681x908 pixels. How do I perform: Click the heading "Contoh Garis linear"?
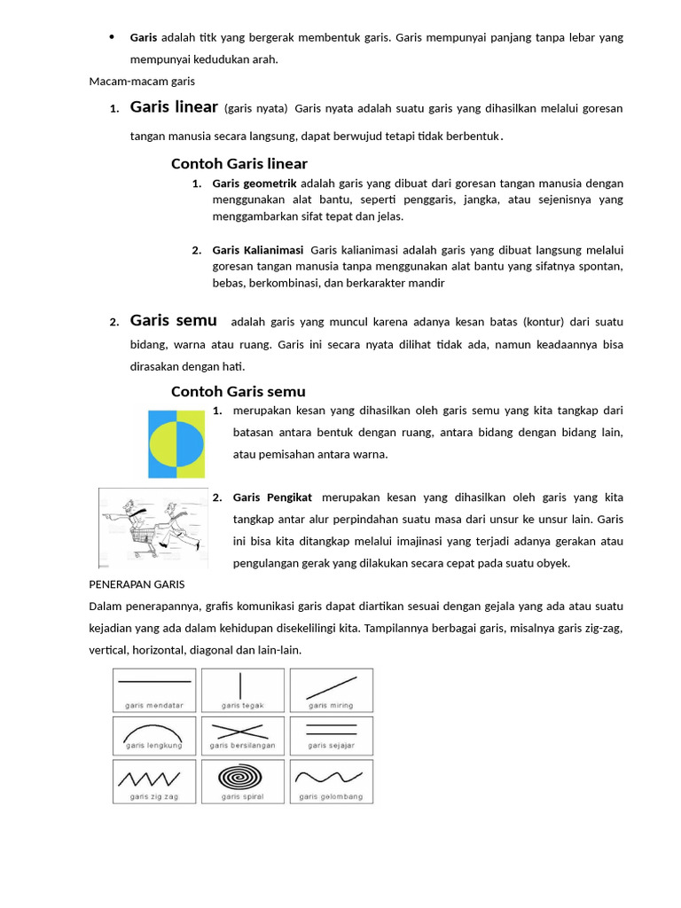239,163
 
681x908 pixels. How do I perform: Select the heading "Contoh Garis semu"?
238,391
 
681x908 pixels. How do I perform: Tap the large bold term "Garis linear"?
174,107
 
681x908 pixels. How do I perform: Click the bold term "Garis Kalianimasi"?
258,250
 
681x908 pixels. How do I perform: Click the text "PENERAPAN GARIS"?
137,584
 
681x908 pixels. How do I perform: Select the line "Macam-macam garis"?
142,82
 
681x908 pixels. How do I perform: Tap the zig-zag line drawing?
155,779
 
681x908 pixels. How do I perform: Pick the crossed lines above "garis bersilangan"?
242,732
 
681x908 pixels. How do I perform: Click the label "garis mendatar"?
154,705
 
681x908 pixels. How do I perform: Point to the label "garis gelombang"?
331,796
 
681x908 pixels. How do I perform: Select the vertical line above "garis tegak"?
240,685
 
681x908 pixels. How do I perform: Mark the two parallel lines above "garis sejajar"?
330,730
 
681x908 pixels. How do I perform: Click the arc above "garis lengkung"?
154,732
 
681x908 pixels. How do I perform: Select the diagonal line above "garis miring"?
330,687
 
